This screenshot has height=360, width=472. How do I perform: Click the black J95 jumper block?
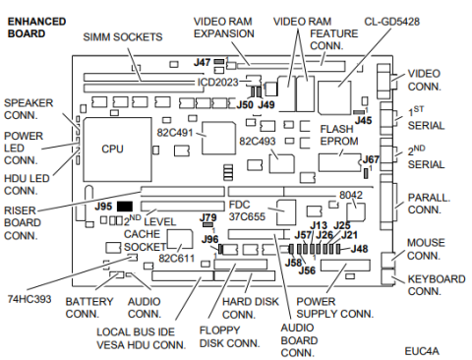[x=125, y=207]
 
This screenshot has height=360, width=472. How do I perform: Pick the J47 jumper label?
[x=202, y=62]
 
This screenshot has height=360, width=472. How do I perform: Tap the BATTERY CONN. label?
[x=89, y=307]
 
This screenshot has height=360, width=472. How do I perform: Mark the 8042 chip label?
[x=351, y=195]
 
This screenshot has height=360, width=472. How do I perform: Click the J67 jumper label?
[x=371, y=158]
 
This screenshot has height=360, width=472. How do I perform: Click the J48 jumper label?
[x=360, y=250]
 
